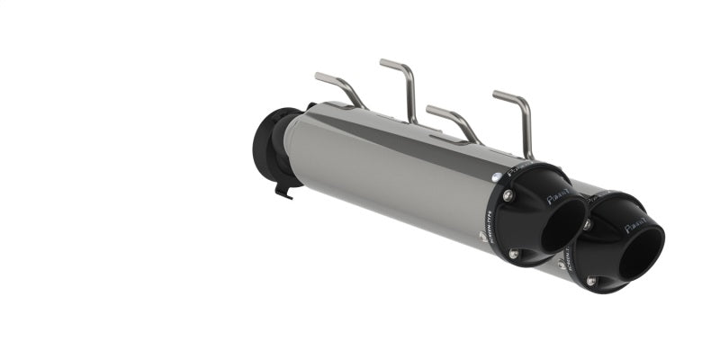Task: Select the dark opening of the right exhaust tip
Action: tap(642, 247)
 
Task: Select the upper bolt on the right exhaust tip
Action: tap(587, 222)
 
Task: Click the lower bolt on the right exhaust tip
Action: tap(591, 281)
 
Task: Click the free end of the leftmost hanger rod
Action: tap(320, 76)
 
